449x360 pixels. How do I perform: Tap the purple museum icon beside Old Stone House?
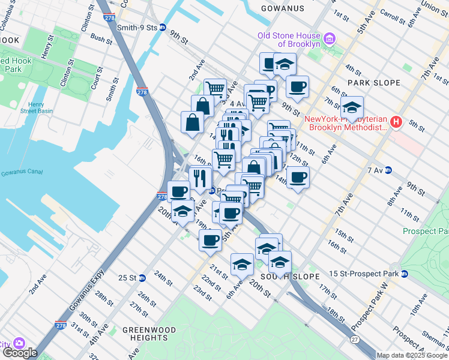coord(329,40)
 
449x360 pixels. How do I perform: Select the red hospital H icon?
coord(396,122)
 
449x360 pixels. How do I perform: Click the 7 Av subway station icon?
coord(388,170)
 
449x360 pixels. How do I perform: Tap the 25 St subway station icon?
coord(142,278)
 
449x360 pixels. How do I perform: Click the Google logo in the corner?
coord(19,353)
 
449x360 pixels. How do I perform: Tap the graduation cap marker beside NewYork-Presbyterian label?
coord(352,109)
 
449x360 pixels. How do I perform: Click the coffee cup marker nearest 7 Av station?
coord(297,177)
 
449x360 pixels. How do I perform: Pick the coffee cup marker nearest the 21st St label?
coord(210,240)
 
